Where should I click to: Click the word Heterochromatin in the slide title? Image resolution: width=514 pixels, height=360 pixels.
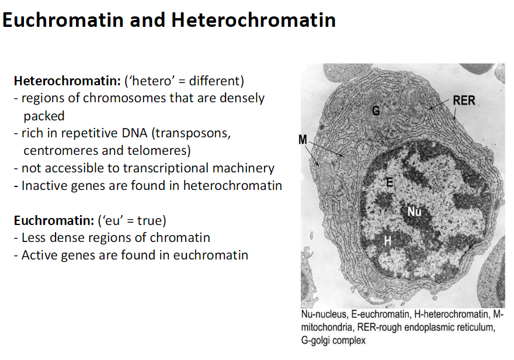pyautogui.click(x=253, y=20)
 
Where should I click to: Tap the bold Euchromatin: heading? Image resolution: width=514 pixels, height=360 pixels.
pyautogui.click(x=53, y=220)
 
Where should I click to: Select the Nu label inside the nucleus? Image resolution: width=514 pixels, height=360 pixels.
pyautogui.click(x=414, y=211)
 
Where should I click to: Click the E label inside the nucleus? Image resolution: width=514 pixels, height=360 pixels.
pyautogui.click(x=390, y=183)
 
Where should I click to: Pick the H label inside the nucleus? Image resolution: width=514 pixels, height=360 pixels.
pyautogui.click(x=387, y=240)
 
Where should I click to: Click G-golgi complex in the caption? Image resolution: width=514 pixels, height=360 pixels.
pyautogui.click(x=334, y=340)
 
